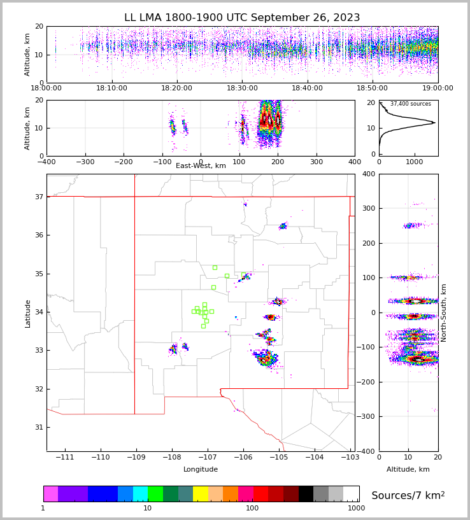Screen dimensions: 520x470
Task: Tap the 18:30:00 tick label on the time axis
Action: pyautogui.click(x=242, y=88)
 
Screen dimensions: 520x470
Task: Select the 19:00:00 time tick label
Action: pyautogui.click(x=438, y=88)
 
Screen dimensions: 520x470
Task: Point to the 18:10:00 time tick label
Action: pyautogui.click(x=111, y=88)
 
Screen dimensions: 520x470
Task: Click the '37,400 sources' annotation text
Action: pyautogui.click(x=410, y=104)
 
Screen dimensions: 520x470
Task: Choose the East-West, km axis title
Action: pyautogui.click(x=201, y=166)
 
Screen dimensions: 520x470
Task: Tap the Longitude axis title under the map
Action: pyautogui.click(x=201, y=470)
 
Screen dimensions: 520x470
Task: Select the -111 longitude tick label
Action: pyautogui.click(x=65, y=458)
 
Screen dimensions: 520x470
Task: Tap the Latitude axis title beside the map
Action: pyautogui.click(x=27, y=313)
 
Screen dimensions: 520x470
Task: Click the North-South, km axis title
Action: pyautogui.click(x=444, y=313)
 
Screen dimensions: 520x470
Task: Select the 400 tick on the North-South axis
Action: pyautogui.click(x=386, y=174)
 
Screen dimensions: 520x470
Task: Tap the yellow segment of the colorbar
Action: pyautogui.click(x=201, y=494)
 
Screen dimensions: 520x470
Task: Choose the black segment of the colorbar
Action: pyautogui.click(x=306, y=494)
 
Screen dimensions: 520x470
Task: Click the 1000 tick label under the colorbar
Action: pyautogui.click(x=357, y=508)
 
